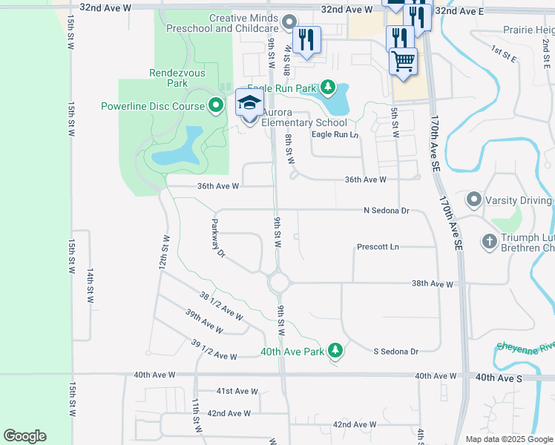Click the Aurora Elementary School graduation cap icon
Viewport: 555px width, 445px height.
[249, 104]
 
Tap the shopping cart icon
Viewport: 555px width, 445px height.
[403, 60]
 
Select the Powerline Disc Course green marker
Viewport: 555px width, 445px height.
[216, 106]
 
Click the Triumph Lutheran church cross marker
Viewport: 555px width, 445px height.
[489, 241]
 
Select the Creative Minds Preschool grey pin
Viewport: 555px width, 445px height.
[289, 22]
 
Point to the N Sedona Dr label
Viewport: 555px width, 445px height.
[387, 211]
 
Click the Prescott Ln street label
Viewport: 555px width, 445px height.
[378, 246]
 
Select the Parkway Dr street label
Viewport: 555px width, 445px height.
[217, 239]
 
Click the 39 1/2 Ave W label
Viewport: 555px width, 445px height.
[214, 350]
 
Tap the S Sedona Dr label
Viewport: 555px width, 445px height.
[395, 351]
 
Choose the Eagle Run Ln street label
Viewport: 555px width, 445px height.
[335, 134]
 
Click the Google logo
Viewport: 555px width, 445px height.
[24, 436]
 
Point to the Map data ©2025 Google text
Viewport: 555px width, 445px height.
[509, 439]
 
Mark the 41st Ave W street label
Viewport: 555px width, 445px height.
[237, 391]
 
